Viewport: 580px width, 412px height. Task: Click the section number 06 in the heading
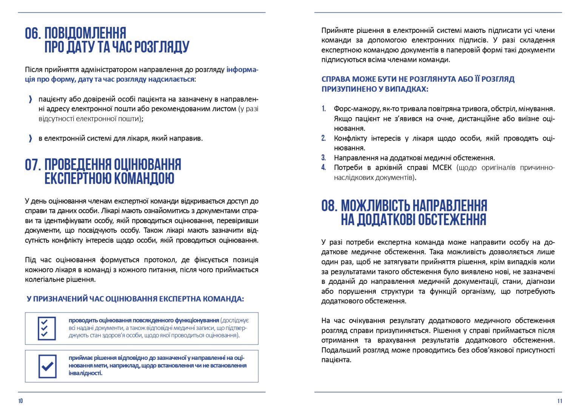pyautogui.click(x=32, y=33)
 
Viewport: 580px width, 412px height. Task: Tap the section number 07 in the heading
pyautogui.click(x=32, y=165)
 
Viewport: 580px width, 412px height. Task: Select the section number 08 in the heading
pyautogui.click(x=329, y=206)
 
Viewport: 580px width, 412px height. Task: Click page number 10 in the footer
pyautogui.click(x=20, y=401)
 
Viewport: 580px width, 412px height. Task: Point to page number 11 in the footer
pyautogui.click(x=560, y=401)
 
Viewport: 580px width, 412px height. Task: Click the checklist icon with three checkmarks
pyautogui.click(x=47, y=328)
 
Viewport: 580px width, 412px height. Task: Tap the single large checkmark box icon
pyautogui.click(x=47, y=366)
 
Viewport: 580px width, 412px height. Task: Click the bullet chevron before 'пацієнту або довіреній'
pyautogui.click(x=30, y=99)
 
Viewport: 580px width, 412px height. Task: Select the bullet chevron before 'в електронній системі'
pyautogui.click(x=30, y=138)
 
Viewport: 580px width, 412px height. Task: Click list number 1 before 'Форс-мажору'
pyautogui.click(x=324, y=109)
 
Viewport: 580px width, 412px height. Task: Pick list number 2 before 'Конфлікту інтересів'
pyautogui.click(x=324, y=138)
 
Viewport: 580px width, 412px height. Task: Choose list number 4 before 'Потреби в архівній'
pyautogui.click(x=324, y=167)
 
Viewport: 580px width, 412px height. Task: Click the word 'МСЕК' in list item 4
pyautogui.click(x=442, y=167)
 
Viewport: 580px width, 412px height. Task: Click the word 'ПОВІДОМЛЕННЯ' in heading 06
pyautogui.click(x=85, y=33)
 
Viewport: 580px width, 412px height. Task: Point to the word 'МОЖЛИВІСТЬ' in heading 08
pyautogui.click(x=375, y=206)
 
